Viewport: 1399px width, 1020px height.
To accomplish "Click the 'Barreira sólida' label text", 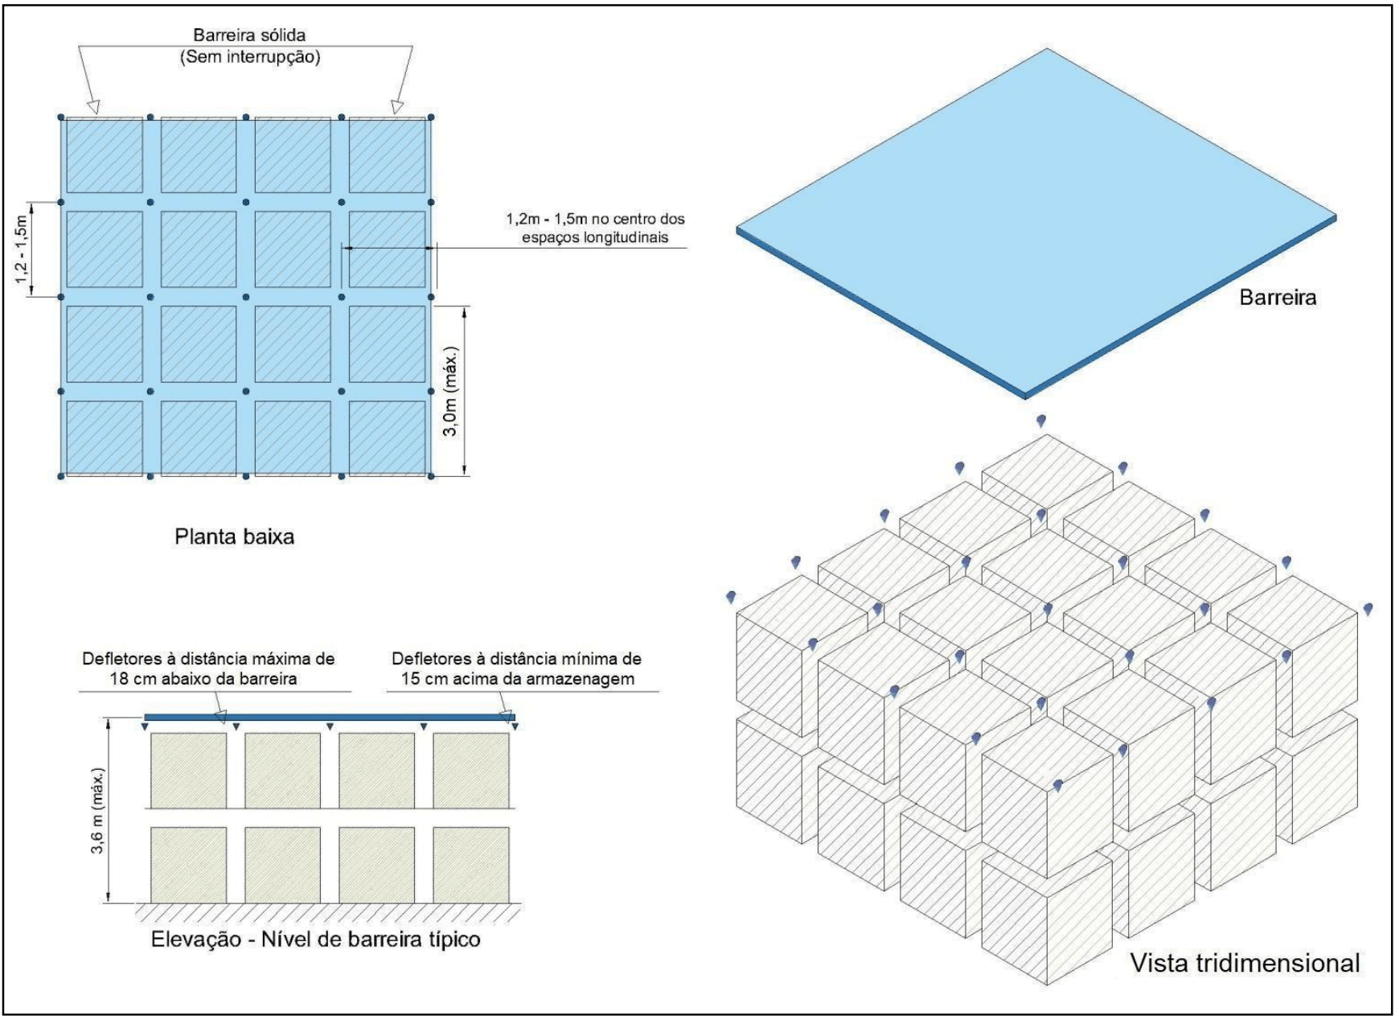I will (249, 35).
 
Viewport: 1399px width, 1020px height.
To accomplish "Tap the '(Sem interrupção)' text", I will (250, 57).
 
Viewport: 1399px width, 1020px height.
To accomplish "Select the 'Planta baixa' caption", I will (235, 537).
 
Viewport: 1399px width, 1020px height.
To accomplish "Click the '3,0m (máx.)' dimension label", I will (451, 392).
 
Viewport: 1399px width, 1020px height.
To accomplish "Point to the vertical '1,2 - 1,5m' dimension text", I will (22, 249).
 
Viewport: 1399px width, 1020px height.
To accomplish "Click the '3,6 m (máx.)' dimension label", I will (97, 811).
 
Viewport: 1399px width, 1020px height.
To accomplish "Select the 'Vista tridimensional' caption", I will (1245, 963).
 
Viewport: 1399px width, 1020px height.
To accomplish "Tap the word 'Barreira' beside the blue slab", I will (1278, 298).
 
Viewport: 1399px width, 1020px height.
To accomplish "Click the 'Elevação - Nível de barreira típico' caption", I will (316, 939).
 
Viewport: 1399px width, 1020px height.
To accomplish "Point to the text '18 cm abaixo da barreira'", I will (203, 679).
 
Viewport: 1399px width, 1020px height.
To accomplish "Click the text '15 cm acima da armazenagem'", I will (518, 679).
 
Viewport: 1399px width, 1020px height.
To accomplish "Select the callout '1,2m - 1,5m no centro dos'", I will (595, 219).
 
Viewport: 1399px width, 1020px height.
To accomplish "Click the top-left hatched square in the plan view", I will (105, 155).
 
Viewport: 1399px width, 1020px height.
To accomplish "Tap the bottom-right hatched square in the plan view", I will (387, 438).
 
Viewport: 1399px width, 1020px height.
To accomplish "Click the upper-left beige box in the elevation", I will (189, 770).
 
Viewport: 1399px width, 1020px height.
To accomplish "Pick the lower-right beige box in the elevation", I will (471, 865).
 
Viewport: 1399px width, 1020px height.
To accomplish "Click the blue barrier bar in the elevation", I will (330, 717).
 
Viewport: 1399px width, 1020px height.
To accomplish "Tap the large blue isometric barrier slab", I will (1037, 217).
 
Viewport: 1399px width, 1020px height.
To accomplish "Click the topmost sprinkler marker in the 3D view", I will (1041, 421).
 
